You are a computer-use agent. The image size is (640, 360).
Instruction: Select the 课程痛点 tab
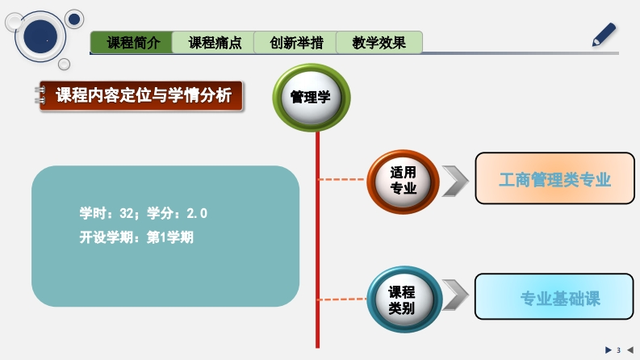coord(215,43)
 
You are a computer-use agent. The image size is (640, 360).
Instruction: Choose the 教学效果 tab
coord(379,43)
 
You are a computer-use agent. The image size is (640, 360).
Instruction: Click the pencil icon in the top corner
coord(604,35)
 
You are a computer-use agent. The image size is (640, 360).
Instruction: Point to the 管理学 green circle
coord(311,98)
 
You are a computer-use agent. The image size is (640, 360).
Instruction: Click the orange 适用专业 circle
coord(403,182)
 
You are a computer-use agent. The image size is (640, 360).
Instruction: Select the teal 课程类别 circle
coord(403,299)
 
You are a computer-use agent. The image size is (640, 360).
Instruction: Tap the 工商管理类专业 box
coord(554,179)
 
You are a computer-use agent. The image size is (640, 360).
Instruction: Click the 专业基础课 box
coord(554,298)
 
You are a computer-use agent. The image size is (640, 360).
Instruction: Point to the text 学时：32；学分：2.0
coord(143,214)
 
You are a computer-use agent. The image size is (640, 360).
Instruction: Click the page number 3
coord(618,350)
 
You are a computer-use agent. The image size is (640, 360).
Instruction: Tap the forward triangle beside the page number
coord(608,350)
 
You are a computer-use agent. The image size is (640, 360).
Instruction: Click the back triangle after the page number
coord(630,350)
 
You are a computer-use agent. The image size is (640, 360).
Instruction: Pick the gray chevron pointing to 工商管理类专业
coord(455,182)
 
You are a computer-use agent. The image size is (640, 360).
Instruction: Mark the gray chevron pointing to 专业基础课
coord(455,296)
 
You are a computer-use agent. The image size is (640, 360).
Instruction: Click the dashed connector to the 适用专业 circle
coord(344,179)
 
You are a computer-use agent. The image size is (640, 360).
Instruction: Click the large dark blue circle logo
coord(41,39)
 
